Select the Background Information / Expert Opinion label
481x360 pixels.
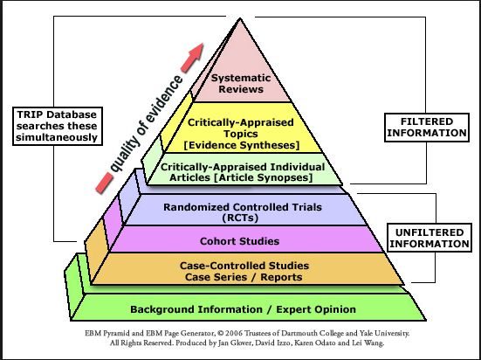click(x=243, y=308)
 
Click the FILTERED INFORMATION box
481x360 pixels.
click(x=428, y=127)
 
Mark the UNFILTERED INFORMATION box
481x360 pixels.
click(x=428, y=238)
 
